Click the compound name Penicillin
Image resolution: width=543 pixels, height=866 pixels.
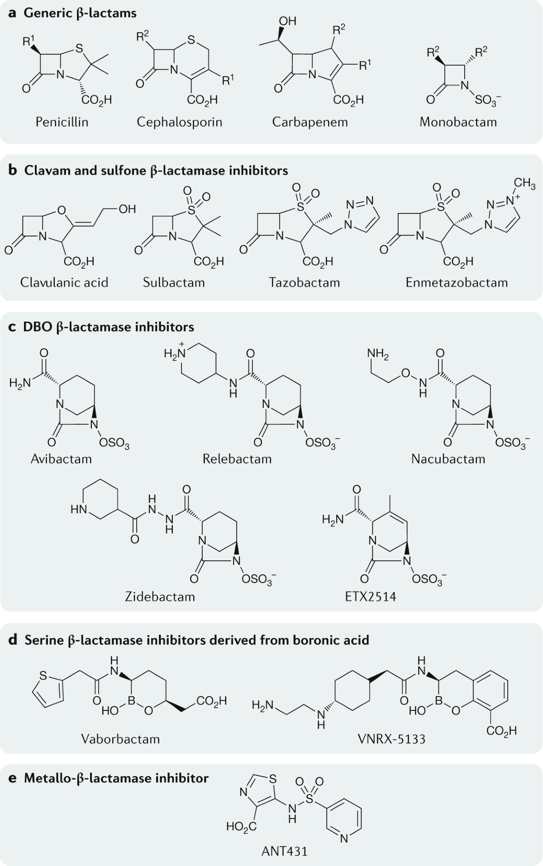click(62, 122)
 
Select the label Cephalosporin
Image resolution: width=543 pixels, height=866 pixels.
click(180, 122)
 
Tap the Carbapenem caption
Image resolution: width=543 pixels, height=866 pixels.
click(310, 122)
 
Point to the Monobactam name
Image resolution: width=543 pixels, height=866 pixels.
click(458, 122)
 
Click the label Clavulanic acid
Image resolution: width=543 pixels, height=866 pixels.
click(64, 282)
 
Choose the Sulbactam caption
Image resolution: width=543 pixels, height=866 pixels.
click(174, 282)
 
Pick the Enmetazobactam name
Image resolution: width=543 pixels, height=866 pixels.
click(457, 282)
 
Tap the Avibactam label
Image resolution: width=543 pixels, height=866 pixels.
click(61, 459)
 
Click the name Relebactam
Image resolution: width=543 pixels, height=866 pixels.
click(237, 459)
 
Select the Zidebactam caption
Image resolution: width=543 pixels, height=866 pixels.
click(160, 596)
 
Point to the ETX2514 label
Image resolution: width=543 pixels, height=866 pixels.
click(371, 596)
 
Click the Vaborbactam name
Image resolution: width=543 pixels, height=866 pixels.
click(120, 739)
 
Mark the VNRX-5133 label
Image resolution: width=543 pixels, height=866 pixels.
click(391, 739)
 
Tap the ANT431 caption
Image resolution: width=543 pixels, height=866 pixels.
click(285, 851)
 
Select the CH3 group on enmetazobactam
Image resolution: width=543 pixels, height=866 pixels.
click(524, 184)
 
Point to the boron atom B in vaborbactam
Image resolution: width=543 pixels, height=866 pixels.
click(132, 700)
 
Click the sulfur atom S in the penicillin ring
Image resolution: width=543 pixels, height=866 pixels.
click(79, 47)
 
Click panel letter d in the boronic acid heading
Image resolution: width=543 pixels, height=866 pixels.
click(13, 640)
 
